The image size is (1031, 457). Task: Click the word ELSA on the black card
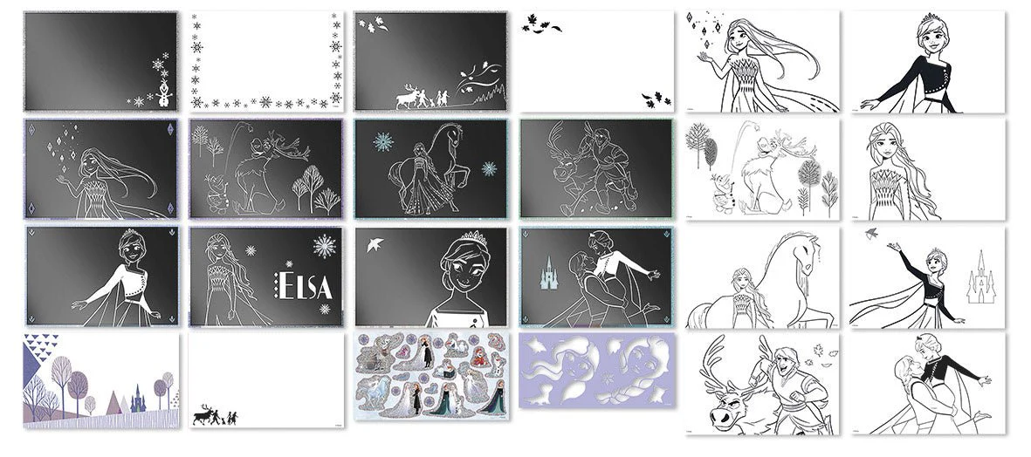303,286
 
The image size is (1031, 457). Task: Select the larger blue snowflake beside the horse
382,142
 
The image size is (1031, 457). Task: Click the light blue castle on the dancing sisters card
549,273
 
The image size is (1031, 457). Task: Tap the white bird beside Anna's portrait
375,245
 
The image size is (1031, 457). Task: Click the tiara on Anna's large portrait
476,238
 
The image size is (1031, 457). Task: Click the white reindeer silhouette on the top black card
406,98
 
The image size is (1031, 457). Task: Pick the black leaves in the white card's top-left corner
541,24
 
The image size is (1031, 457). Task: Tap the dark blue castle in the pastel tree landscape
138,399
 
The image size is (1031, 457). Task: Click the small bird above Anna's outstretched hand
872,233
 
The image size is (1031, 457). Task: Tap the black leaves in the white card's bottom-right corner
656,99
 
